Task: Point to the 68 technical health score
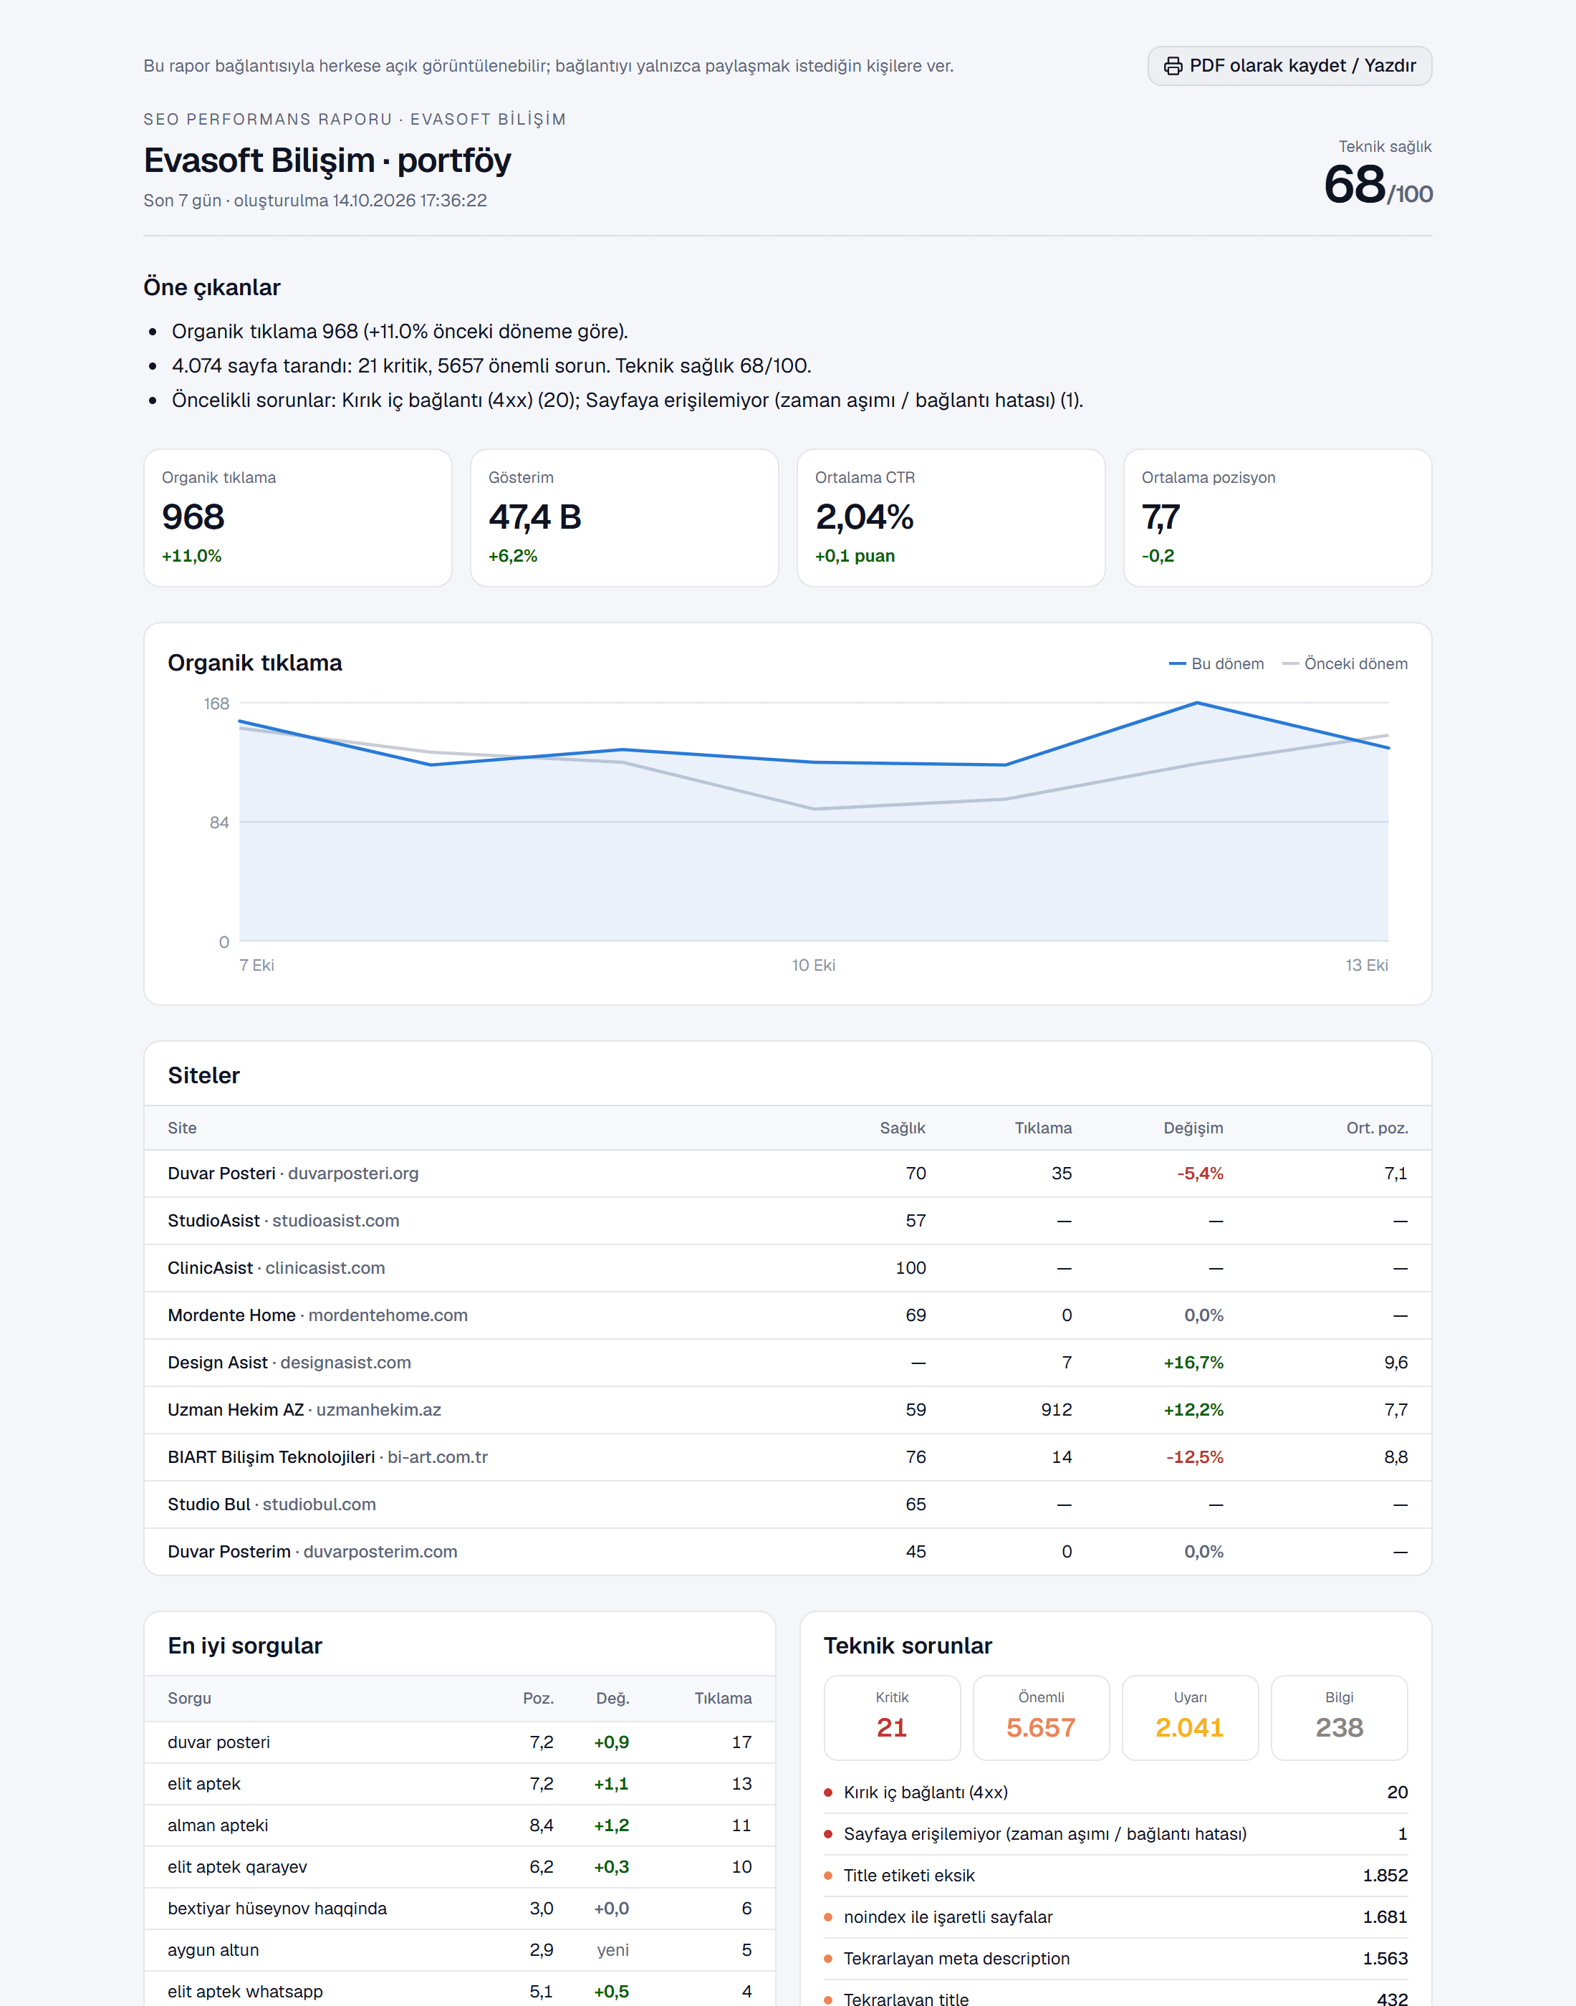coord(1355,185)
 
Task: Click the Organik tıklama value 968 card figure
coord(193,517)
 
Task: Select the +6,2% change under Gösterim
coord(512,555)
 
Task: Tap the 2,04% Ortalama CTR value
coord(865,517)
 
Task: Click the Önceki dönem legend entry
coord(1345,663)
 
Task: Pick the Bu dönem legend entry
coord(1216,663)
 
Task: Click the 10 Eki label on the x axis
coord(813,965)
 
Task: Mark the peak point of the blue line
coord(1197,703)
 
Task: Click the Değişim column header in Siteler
coord(1193,1128)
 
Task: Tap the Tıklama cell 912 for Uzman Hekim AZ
coord(1057,1410)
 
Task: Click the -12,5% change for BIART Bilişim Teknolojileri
coord(1195,1457)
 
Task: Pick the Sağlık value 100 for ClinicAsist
coord(910,1268)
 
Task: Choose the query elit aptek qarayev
coord(237,1867)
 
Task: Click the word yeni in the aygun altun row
coord(612,1949)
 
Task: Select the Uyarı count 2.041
coord(1189,1727)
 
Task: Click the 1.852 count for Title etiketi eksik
coord(1385,1875)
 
